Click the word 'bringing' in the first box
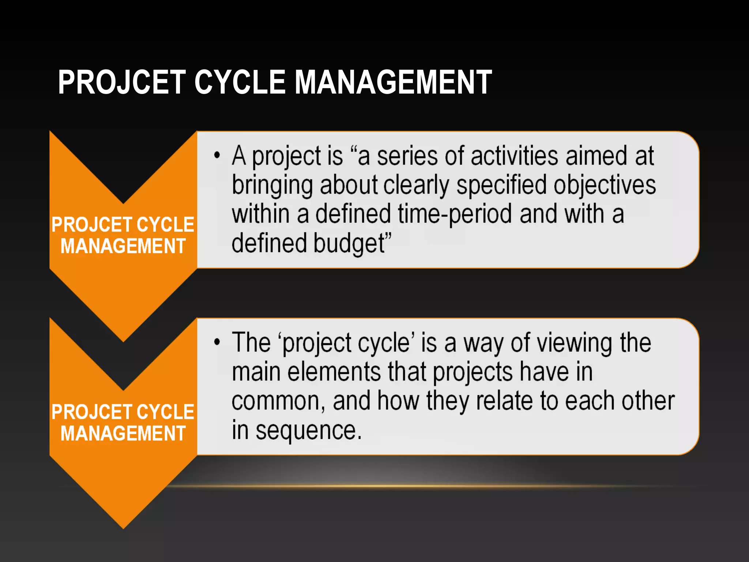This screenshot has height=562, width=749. (272, 186)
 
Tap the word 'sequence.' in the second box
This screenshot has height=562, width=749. (308, 431)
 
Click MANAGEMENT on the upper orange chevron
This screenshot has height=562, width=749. (123, 246)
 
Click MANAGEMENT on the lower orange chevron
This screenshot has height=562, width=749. (123, 434)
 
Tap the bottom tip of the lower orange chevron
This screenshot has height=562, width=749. (124, 527)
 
